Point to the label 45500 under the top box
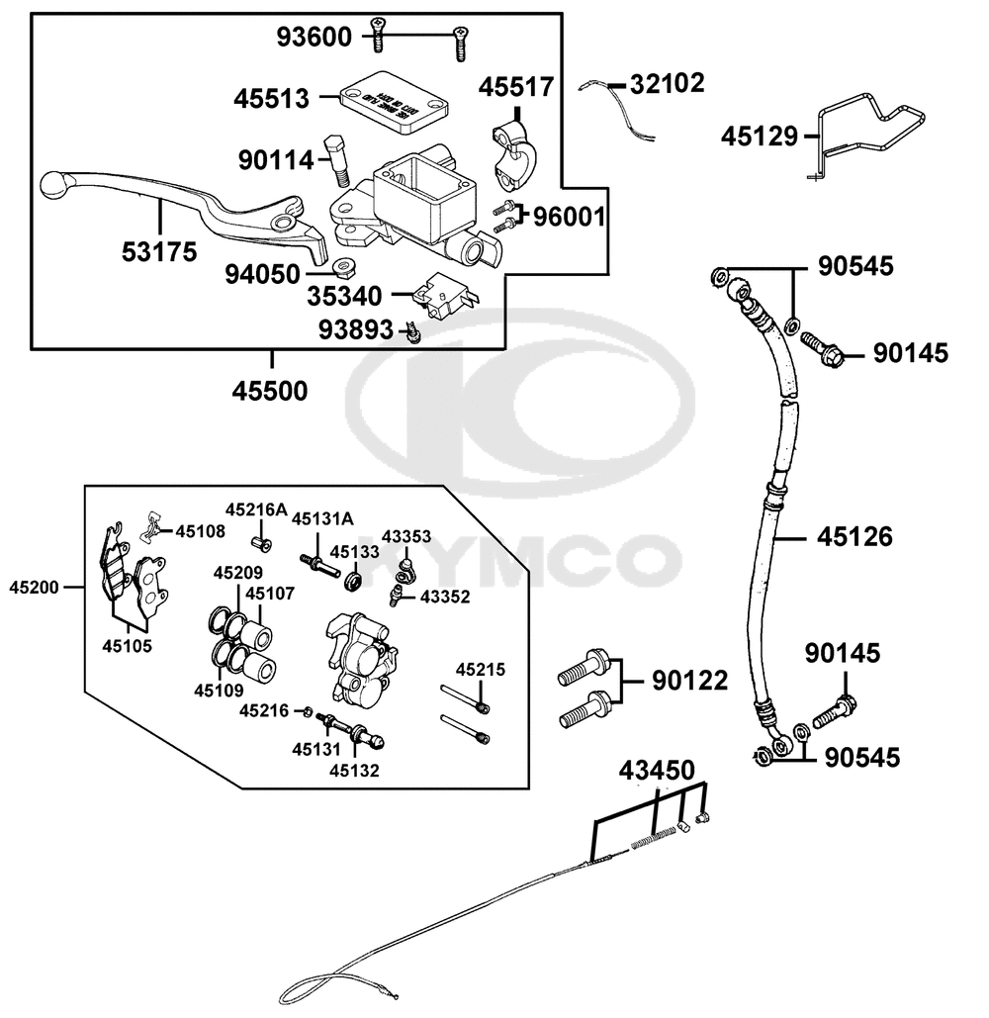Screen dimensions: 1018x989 point(270,391)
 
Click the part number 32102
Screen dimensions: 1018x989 point(668,84)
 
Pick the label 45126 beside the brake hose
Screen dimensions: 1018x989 point(854,537)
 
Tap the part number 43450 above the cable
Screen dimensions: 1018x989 point(658,770)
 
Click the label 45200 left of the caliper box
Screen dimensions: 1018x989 point(34,587)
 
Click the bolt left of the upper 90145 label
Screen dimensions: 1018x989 point(823,346)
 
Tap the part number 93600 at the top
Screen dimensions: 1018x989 point(314,38)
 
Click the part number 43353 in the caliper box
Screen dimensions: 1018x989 point(406,536)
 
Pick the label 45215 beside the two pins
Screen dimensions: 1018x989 point(480,670)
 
